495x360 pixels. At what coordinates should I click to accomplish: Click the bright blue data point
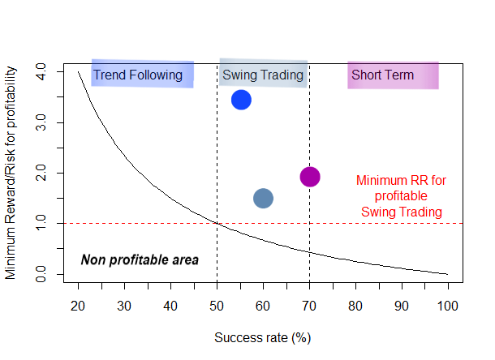click(241, 100)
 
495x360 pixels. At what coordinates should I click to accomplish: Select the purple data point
click(310, 177)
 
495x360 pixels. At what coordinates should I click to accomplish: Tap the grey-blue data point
click(263, 198)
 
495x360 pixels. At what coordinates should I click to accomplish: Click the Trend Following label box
click(142, 75)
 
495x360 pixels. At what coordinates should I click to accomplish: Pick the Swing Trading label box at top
click(263, 75)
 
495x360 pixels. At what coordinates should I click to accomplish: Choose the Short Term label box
click(393, 75)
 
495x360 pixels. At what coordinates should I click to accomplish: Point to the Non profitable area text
click(140, 259)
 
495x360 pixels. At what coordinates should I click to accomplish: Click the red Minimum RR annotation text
click(401, 196)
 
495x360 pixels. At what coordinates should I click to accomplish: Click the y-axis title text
click(11, 174)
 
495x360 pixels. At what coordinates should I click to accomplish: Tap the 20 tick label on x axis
click(78, 306)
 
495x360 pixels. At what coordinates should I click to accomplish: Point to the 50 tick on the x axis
click(217, 306)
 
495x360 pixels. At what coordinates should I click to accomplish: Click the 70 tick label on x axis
click(309, 306)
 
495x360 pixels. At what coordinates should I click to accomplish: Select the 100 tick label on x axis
click(447, 306)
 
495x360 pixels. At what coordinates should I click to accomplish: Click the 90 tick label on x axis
click(402, 306)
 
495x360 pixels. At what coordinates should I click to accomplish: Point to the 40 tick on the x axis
click(170, 306)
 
